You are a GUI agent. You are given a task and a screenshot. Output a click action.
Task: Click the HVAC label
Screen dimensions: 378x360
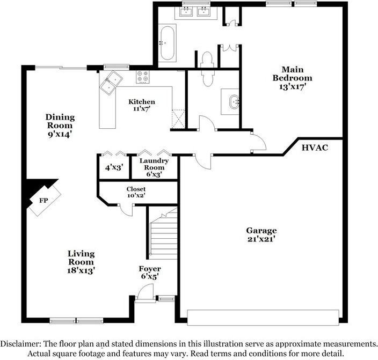[x=315, y=148]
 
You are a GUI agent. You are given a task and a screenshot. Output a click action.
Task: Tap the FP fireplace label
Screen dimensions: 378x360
[x=43, y=200]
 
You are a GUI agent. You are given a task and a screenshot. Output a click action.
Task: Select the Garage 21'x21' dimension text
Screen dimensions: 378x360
[x=261, y=239]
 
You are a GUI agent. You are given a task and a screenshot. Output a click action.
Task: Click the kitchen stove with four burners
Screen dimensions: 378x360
[x=142, y=77]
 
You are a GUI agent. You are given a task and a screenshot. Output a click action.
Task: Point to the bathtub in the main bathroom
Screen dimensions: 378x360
[x=168, y=43]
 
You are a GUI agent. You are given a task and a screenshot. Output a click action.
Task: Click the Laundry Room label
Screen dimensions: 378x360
[x=154, y=164]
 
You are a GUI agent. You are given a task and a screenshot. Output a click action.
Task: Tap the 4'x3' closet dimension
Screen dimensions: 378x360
[x=114, y=167]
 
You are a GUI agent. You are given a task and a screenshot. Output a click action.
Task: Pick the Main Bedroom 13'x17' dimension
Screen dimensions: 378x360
[x=293, y=86]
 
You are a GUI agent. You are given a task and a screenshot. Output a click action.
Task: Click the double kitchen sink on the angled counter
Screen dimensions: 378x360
[x=111, y=83]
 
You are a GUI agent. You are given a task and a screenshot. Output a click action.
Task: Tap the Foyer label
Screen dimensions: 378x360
[x=150, y=269]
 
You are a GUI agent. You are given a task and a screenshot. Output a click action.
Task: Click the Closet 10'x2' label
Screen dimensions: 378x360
[x=136, y=192]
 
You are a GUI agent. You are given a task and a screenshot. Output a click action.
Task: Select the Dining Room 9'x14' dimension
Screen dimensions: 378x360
[x=60, y=134]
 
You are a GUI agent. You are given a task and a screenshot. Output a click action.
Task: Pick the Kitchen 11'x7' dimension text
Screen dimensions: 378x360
[x=142, y=109]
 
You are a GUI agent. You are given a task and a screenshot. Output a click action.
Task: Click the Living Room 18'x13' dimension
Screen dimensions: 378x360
[x=81, y=270]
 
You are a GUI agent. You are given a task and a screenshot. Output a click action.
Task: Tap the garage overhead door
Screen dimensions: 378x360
[x=263, y=318]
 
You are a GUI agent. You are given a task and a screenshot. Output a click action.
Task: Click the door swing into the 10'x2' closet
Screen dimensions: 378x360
[x=126, y=210]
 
